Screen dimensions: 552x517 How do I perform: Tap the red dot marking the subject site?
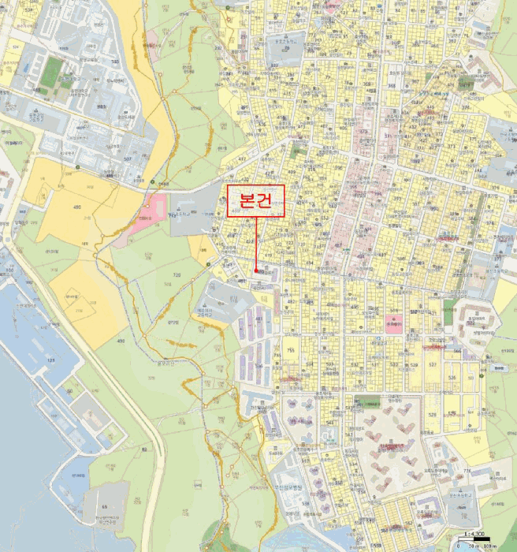click(257, 271)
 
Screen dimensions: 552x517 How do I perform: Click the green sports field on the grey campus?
click(52, 71)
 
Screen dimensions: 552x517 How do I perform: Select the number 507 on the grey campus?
click(128, 159)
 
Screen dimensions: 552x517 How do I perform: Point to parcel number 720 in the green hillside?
click(177, 274)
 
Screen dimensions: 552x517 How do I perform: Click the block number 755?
click(290, 349)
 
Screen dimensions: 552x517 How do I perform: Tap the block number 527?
click(432, 364)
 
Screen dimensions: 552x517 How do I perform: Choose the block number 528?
click(413, 364)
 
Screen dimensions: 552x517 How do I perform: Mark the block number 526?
click(452, 378)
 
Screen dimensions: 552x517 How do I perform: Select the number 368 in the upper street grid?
click(391, 86)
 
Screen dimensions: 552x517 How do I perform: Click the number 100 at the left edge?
click(9, 270)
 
